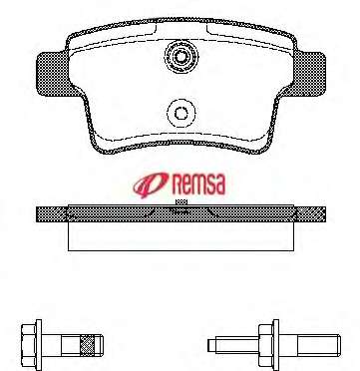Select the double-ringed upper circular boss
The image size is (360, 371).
point(180,57)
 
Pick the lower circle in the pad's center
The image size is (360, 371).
point(180,113)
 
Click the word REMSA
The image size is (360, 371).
point(198,185)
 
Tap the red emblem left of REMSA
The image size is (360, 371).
point(152,185)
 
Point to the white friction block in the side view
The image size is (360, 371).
point(180,236)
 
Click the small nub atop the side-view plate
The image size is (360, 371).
point(181,201)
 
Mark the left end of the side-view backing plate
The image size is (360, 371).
point(37,214)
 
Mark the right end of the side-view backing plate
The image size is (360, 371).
point(325,214)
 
